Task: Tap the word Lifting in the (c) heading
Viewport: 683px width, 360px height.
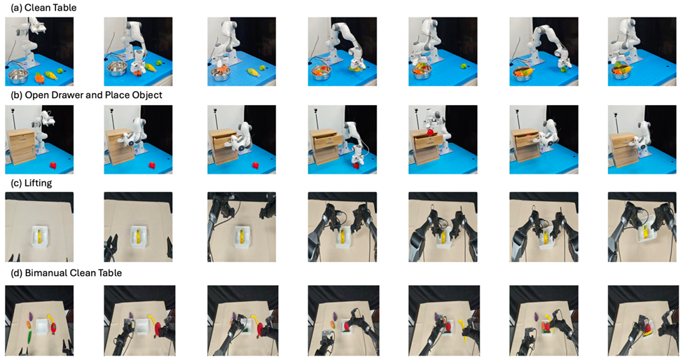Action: tap(38, 183)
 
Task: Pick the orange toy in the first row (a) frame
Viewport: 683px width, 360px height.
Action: tap(39, 78)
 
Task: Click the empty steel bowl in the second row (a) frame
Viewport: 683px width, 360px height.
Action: tap(118, 69)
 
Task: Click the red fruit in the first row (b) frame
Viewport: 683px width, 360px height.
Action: tap(53, 165)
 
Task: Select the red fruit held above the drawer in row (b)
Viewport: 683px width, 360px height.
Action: tap(430, 132)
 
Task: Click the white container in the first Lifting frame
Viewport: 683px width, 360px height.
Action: tap(40, 237)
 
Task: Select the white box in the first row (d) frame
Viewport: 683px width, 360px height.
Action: tap(42, 326)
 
